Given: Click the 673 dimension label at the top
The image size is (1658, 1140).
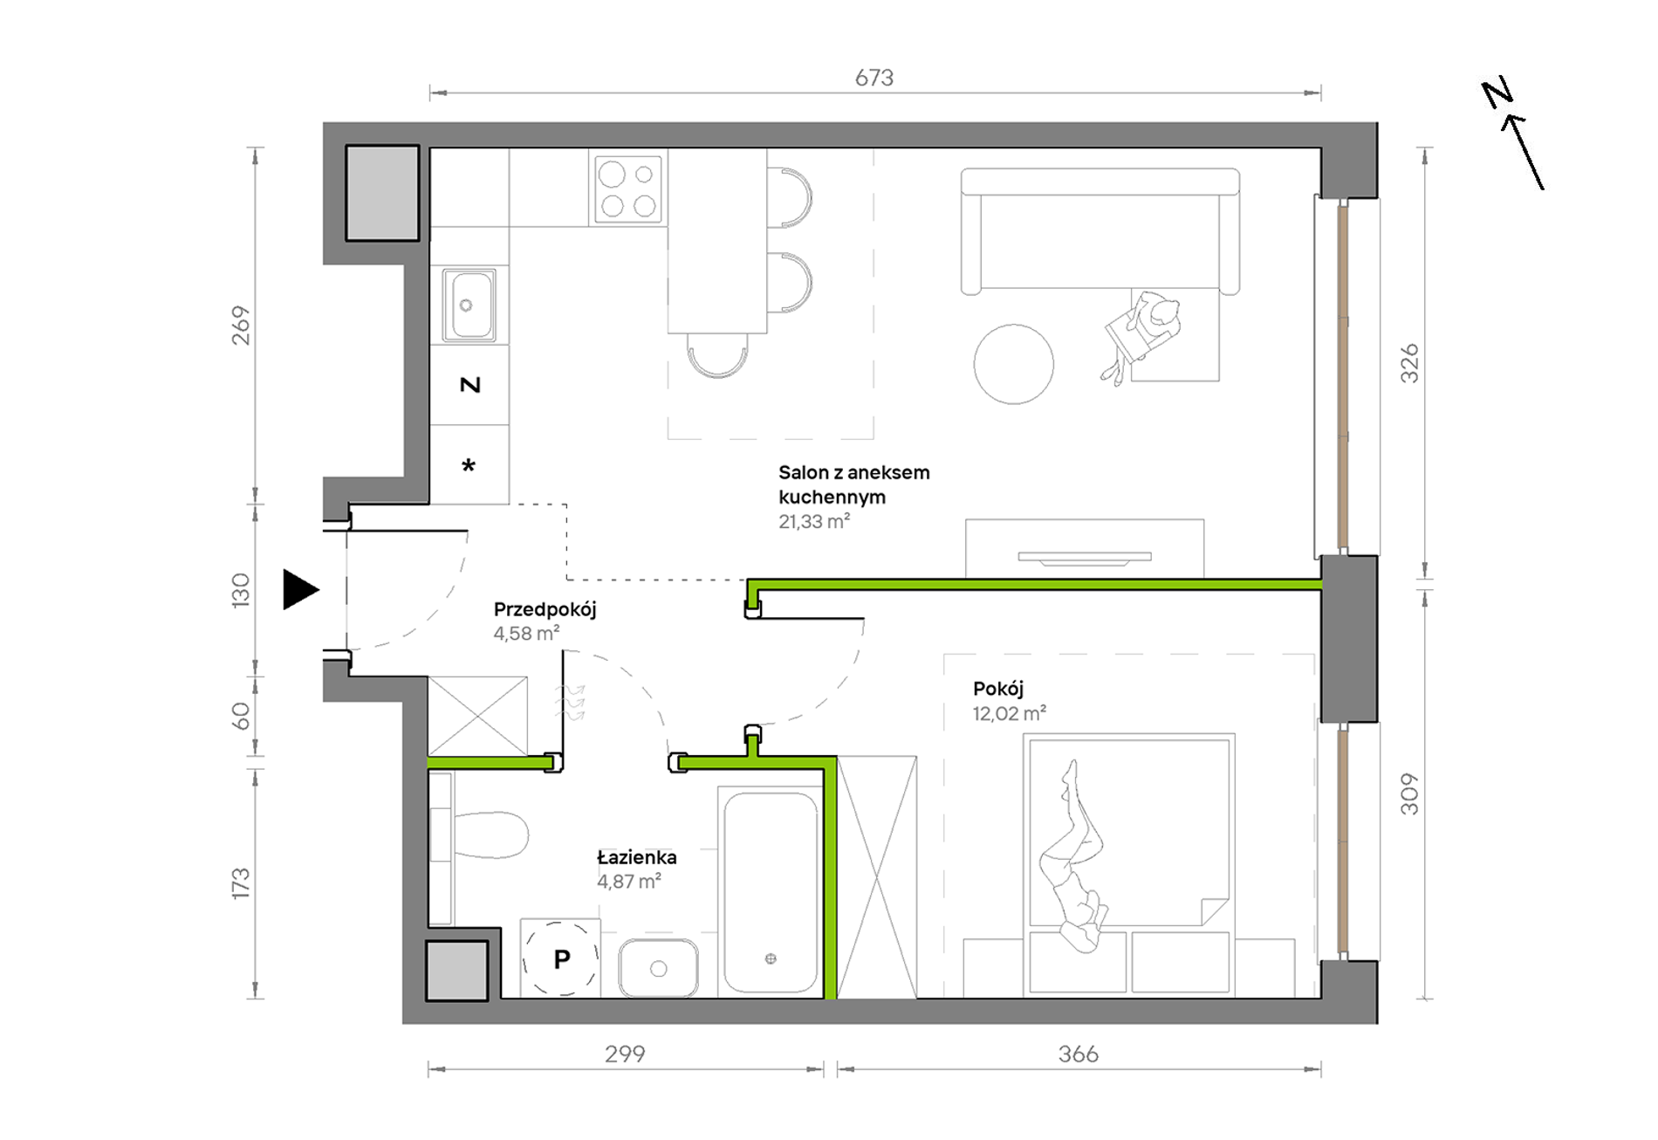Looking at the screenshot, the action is pos(874,78).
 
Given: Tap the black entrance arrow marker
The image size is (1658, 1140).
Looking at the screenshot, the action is pos(301,589).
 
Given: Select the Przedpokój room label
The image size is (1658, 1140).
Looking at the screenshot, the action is pos(545,609).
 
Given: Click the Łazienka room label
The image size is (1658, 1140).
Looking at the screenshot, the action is pos(637,856).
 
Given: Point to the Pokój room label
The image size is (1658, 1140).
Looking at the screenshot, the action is pos(998,689).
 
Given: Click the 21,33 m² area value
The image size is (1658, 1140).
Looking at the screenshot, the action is pos(814,521).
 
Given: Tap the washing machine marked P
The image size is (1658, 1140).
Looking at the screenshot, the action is pos(561,958).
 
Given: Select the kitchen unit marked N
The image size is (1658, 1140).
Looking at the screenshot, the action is pos(469,385).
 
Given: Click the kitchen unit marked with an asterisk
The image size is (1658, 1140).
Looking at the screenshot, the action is pos(469,464).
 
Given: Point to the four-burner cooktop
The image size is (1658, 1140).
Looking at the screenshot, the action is pos(628,189).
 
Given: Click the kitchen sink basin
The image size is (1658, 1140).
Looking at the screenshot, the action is pos(469,304).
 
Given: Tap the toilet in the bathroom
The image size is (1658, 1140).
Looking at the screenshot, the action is pos(480,835).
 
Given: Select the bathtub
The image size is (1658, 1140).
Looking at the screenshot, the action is pos(771,892).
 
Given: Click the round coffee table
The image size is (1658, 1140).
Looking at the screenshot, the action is pos(1013,364).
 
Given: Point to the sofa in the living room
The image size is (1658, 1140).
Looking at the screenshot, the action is pos(1100,231).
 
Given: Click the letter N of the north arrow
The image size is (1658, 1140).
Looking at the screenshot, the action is pos(1497,93).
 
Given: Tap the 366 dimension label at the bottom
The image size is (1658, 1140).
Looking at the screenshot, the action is pos(1079,1054).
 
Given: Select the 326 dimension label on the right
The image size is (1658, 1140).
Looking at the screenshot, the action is pos(1409,363).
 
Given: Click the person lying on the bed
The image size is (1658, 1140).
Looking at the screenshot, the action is pos(1073,856).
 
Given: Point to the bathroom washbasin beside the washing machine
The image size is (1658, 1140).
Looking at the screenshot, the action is pos(659,968).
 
